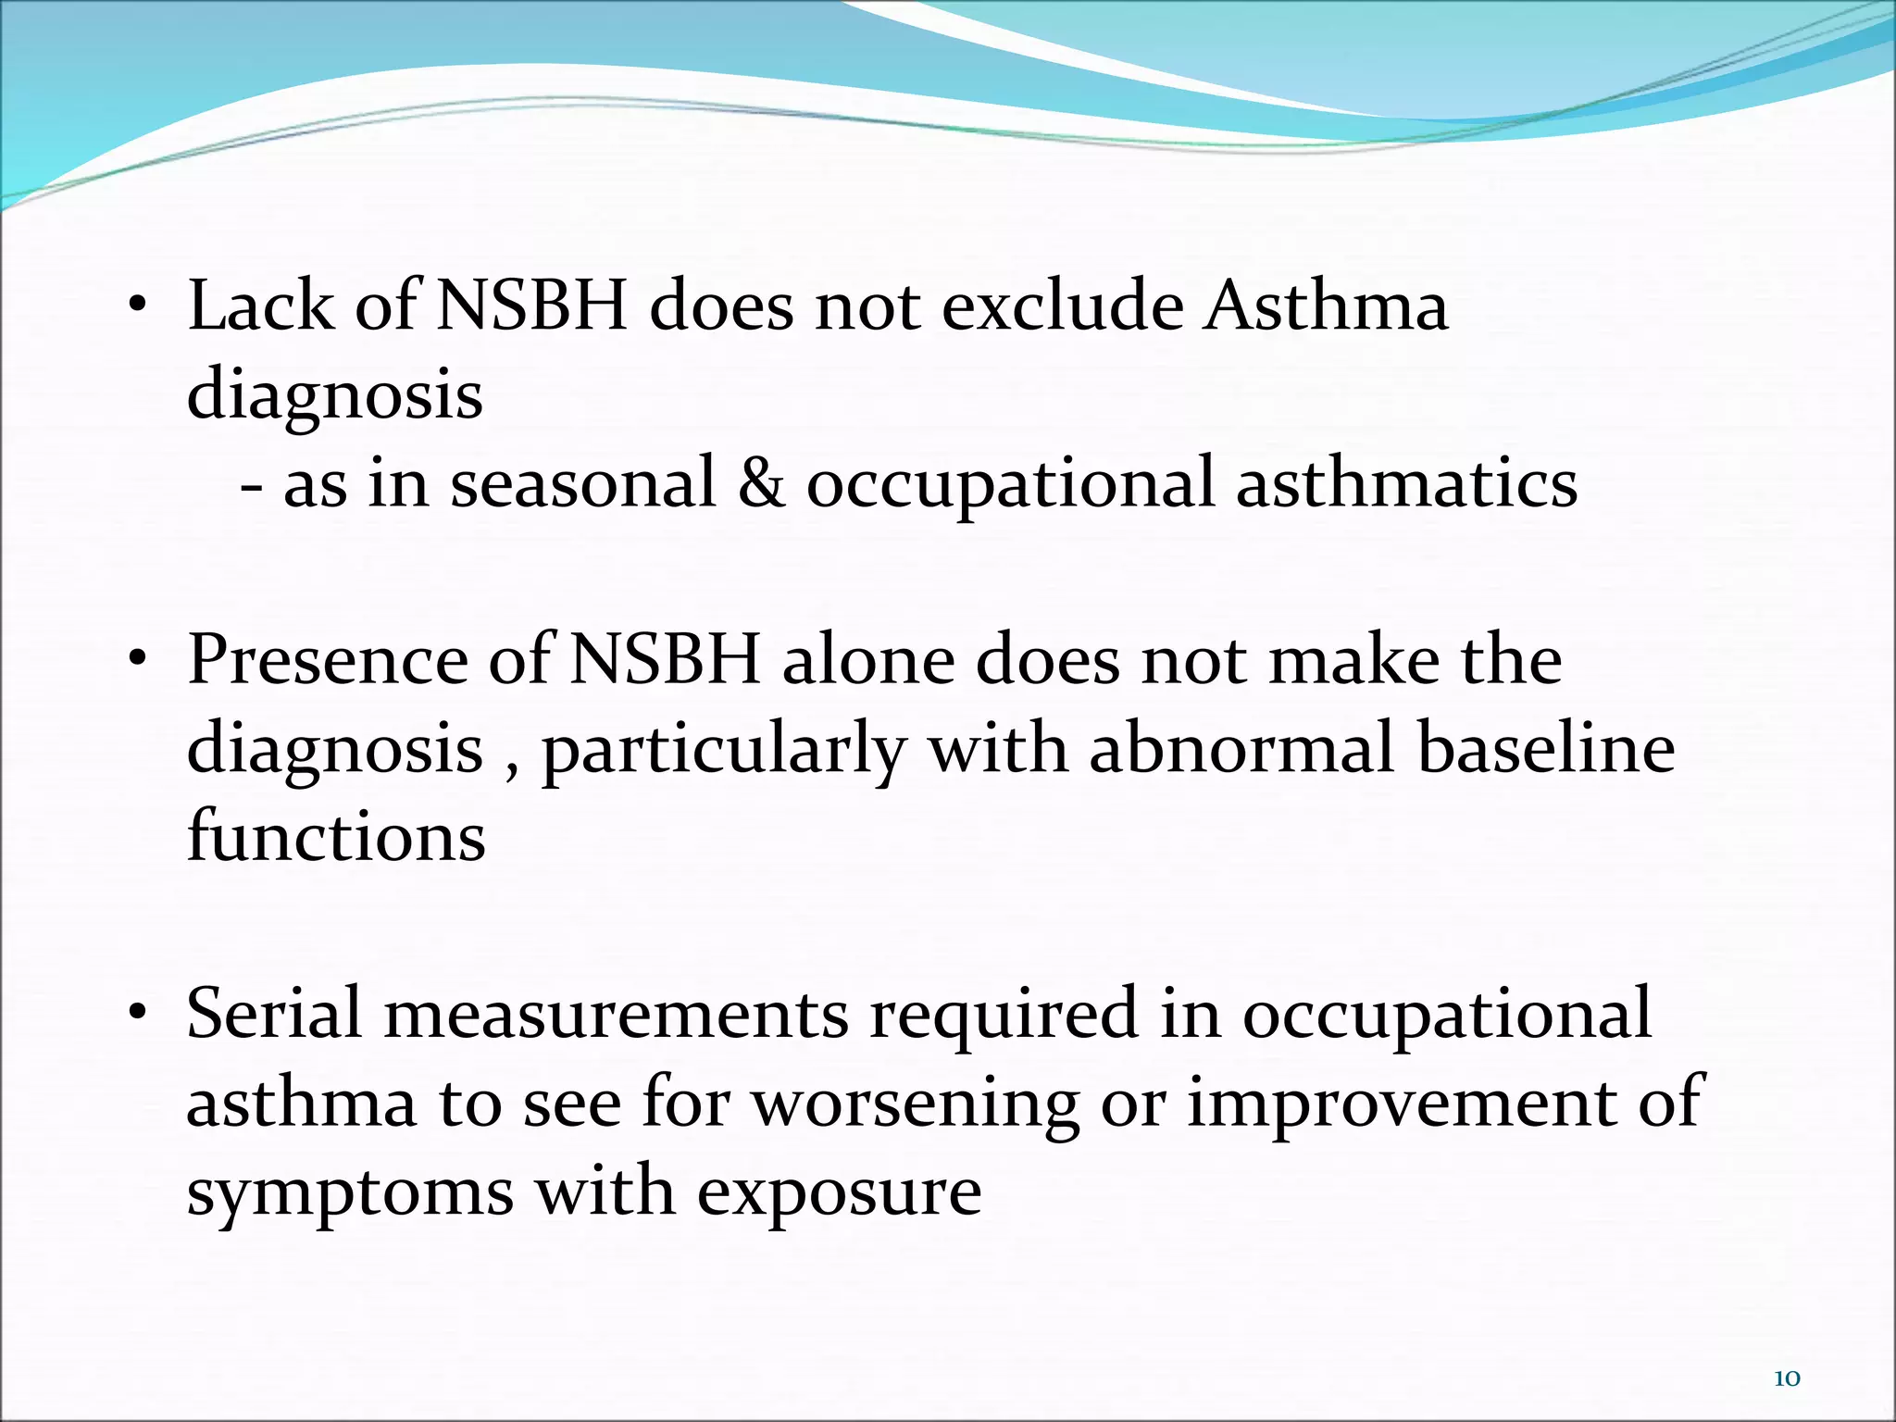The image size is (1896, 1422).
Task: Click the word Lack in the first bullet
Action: coord(260,306)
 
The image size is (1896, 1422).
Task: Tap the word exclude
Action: coord(1062,306)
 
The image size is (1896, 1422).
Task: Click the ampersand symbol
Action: coord(761,483)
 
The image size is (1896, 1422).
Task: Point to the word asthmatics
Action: coord(1406,483)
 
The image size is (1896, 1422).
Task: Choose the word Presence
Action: coord(328,659)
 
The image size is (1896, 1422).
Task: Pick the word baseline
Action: coord(1546,748)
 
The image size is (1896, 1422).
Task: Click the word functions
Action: coord(336,836)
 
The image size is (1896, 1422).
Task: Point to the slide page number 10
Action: coord(1787,1378)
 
